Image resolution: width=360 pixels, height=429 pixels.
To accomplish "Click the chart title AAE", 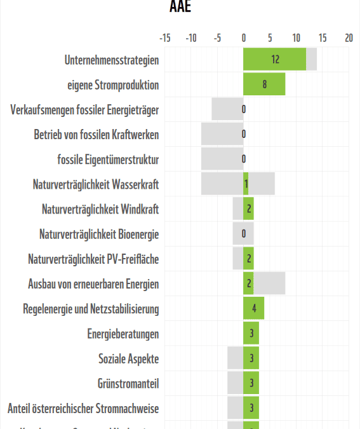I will click(180, 6).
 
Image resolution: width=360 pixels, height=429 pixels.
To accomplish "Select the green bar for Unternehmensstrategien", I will click(274, 60).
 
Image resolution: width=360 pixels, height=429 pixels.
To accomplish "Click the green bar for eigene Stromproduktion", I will click(264, 85).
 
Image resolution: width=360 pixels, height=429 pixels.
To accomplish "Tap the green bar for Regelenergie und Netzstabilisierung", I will click(253, 309).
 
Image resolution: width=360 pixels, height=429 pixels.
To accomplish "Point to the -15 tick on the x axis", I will click(164, 38).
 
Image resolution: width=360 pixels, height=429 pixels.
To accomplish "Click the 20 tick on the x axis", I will click(349, 38).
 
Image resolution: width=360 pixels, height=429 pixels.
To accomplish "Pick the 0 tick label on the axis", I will click(244, 38).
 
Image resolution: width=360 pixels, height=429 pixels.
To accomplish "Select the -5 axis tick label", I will click(217, 38).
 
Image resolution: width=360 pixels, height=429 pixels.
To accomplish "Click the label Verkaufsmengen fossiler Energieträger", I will click(84, 110).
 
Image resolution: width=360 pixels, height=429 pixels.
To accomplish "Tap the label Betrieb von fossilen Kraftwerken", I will click(96, 135).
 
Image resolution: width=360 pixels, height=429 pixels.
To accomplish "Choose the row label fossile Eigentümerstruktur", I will click(108, 160).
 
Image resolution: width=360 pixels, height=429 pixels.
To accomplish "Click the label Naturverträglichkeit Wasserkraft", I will click(95, 184).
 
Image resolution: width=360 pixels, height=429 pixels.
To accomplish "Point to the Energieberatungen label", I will click(123, 334).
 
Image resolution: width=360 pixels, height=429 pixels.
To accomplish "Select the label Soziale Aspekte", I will click(128, 358).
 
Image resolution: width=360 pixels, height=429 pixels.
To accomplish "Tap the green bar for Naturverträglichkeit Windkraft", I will click(248, 209).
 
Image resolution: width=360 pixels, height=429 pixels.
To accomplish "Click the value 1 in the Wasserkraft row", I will click(246, 184).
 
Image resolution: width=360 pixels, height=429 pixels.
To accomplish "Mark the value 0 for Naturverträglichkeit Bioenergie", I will click(244, 234).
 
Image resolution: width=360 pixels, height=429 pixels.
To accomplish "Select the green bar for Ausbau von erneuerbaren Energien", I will click(248, 284).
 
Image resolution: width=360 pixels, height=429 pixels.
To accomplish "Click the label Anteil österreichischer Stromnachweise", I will click(83, 408).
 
